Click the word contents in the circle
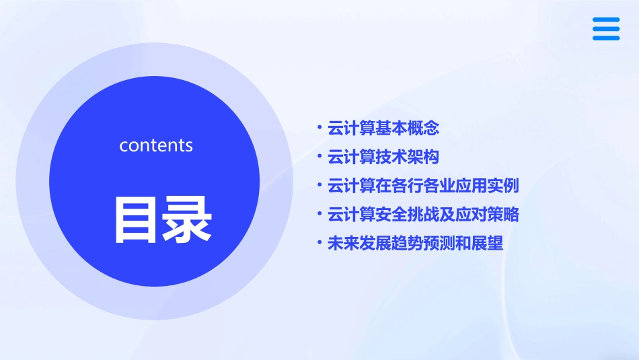(156, 145)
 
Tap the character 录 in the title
(185, 219)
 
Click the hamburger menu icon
(606, 29)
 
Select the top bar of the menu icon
(606, 20)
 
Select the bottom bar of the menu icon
(606, 38)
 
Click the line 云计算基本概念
(383, 128)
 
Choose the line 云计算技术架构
(383, 157)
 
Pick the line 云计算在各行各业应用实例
(422, 186)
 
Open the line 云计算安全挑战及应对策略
(422, 215)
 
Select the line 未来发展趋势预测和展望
(415, 244)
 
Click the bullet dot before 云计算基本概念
(319, 127)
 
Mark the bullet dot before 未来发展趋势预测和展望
(319, 242)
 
